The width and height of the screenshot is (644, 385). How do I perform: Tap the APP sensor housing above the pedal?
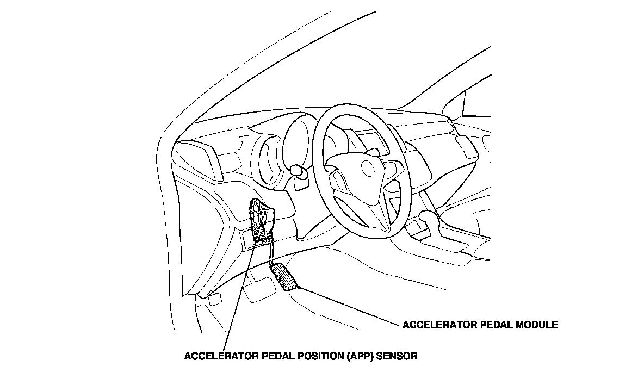coord(261,221)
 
